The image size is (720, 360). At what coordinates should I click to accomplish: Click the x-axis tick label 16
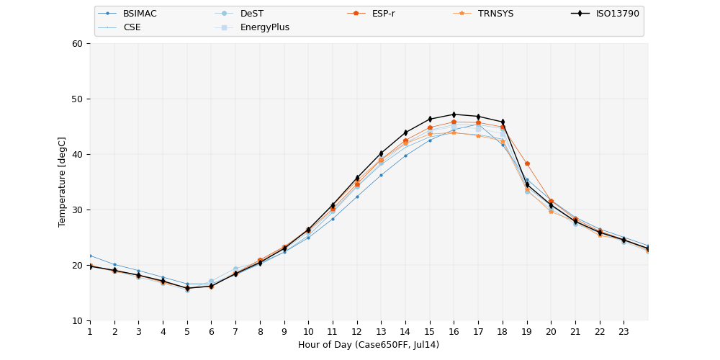tap(454, 331)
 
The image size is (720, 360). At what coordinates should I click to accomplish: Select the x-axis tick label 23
tap(624, 331)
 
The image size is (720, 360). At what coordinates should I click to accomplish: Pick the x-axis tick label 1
tap(90, 331)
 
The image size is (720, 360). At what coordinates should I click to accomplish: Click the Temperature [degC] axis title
tap(63, 181)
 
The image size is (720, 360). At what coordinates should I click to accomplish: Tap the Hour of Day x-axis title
tap(369, 345)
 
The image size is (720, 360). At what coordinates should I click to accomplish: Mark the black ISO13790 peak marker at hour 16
tap(454, 114)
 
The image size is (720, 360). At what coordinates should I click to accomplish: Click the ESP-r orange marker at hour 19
tap(527, 163)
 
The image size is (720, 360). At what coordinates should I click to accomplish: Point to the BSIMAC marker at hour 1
tap(90, 256)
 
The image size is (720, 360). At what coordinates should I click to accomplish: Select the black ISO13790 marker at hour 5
tap(187, 288)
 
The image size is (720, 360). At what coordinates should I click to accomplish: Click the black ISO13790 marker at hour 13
tap(381, 153)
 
